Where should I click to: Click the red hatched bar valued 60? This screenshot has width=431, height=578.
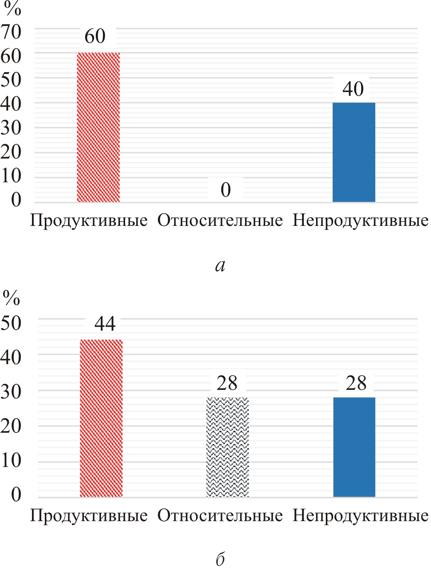98,127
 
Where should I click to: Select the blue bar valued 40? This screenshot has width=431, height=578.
353,152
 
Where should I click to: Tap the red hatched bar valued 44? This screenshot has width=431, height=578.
101,418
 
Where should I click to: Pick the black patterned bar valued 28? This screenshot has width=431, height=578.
228,447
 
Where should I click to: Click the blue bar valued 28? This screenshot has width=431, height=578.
354,447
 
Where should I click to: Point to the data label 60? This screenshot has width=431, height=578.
95,36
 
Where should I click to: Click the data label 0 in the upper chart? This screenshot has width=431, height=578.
226,190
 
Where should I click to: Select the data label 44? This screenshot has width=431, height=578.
105,324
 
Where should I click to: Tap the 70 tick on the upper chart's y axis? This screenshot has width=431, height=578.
11,32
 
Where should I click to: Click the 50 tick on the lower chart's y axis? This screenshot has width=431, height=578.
11,323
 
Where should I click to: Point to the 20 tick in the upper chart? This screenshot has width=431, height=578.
11,152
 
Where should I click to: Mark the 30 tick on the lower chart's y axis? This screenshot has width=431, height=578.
11,391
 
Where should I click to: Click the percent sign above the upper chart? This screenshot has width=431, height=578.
12,9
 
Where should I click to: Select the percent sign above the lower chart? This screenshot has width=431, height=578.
11,298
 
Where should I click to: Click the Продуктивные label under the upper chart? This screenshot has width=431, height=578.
89,221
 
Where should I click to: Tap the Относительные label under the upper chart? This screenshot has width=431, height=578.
220,221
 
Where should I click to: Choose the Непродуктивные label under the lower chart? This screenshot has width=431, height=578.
360,516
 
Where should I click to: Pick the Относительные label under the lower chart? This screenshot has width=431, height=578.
220,516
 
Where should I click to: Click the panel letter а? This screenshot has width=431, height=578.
220,266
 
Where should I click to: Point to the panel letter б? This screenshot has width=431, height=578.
220,559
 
